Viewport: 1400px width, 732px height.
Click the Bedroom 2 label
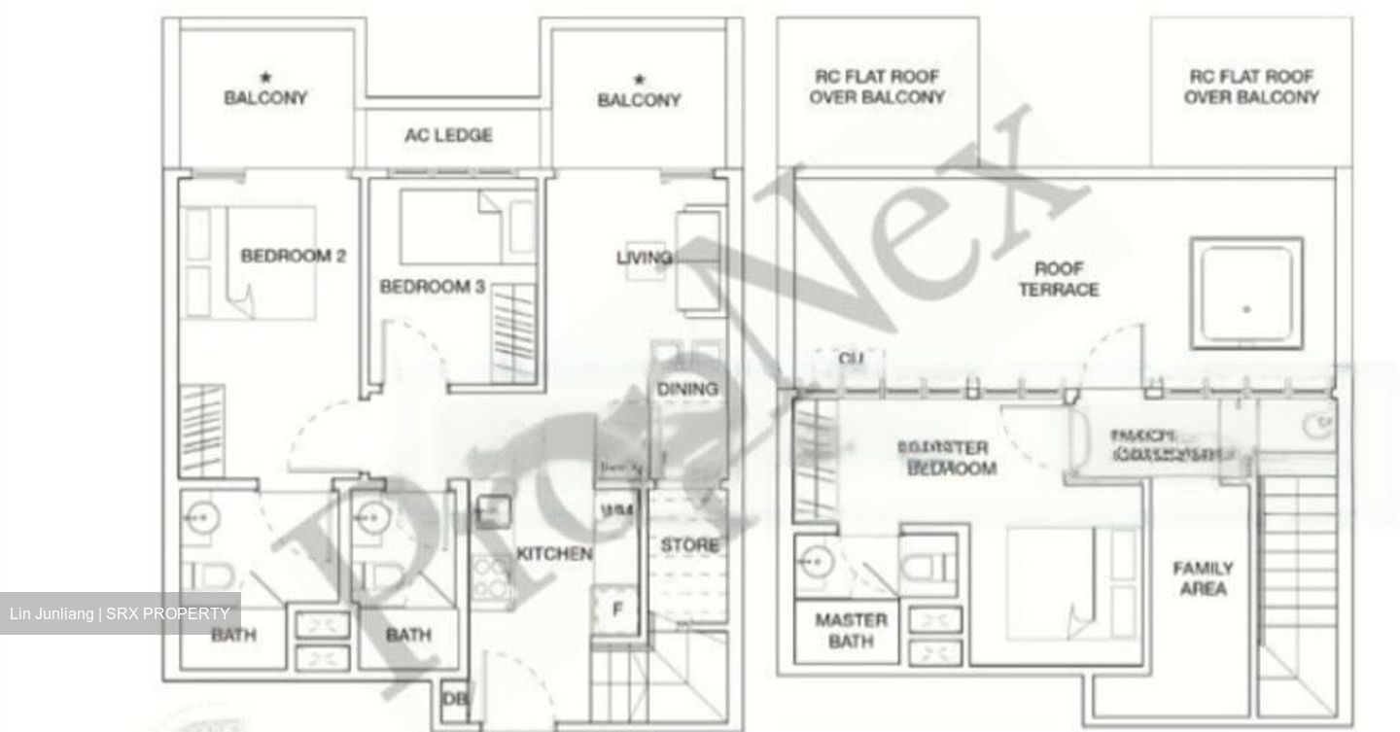(293, 257)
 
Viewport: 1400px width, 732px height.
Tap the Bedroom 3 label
(432, 287)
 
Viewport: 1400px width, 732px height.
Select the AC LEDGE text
(448, 135)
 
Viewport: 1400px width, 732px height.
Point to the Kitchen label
(553, 554)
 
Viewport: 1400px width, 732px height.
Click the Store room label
(689, 545)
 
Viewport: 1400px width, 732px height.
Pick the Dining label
(687, 389)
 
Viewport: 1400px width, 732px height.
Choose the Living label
(644, 258)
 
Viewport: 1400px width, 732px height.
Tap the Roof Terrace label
(1059, 279)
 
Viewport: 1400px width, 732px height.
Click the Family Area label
(1203, 578)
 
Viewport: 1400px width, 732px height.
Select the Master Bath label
(851, 630)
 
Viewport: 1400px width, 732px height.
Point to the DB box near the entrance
(453, 699)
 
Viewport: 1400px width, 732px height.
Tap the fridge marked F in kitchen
(616, 610)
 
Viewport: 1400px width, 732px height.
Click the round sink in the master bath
(815, 561)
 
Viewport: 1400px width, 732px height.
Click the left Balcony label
(265, 97)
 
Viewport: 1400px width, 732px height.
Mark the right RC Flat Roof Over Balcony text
(1251, 87)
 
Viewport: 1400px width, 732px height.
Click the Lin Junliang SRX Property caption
(120, 613)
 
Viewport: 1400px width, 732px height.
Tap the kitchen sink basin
(493, 509)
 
